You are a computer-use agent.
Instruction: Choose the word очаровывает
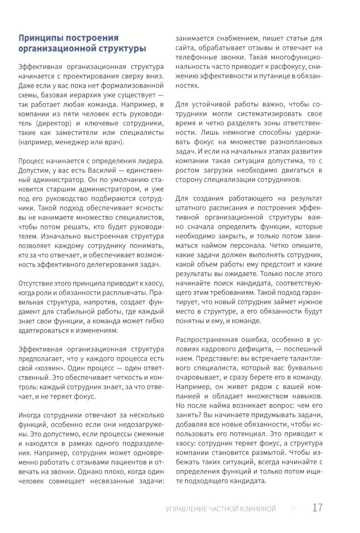[198, 378]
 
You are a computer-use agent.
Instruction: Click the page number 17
[317, 507]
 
